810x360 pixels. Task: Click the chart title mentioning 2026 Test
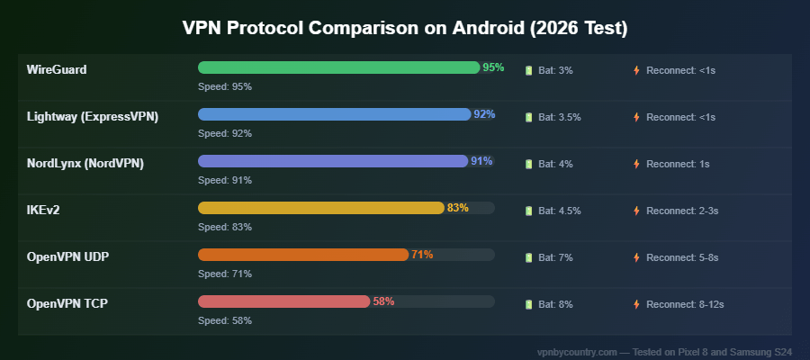(x=405, y=28)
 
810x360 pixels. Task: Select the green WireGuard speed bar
(x=338, y=67)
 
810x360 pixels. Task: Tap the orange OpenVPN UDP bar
(x=303, y=255)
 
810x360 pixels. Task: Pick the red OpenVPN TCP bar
(x=283, y=301)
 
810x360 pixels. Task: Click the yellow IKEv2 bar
(x=320, y=208)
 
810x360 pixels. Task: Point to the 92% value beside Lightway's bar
(x=484, y=114)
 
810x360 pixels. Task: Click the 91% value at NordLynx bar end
(x=481, y=161)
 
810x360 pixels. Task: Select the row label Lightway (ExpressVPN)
(x=93, y=116)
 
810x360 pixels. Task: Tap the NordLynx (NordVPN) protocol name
(x=85, y=163)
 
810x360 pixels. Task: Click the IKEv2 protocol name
(x=44, y=210)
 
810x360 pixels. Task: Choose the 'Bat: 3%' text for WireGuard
(x=555, y=70)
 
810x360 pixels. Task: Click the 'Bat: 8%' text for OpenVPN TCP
(x=555, y=304)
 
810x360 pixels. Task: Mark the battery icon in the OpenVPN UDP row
(x=529, y=257)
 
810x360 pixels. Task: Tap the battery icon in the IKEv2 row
(x=529, y=211)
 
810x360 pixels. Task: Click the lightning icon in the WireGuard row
(x=636, y=70)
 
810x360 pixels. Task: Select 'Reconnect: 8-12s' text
(x=685, y=304)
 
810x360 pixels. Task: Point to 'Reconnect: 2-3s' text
(x=682, y=211)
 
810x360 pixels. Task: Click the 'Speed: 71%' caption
(x=225, y=274)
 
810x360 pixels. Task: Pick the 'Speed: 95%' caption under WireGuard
(x=225, y=86)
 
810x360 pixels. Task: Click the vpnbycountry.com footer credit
(x=663, y=351)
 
